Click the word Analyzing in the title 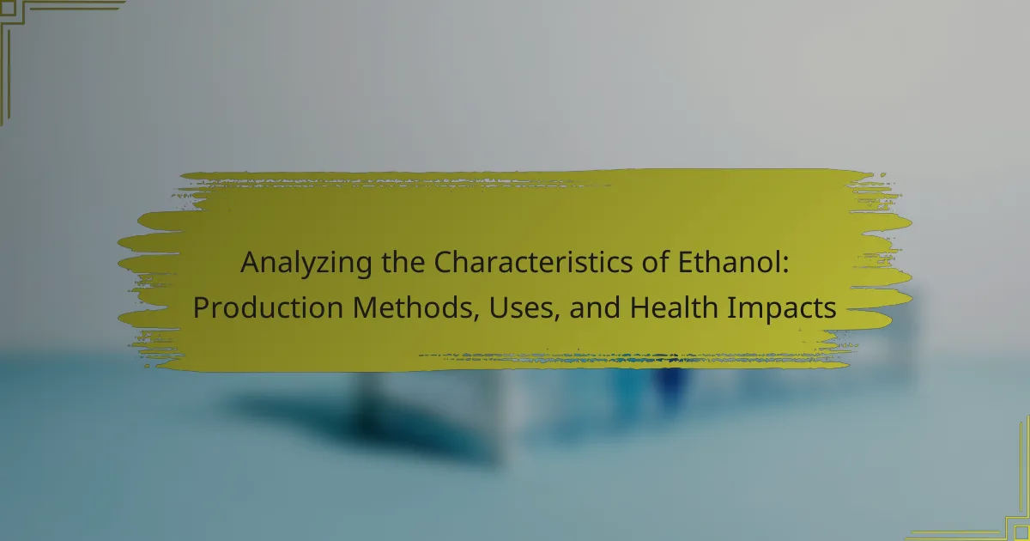[x=306, y=264]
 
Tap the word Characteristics [x=533, y=262]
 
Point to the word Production [x=268, y=307]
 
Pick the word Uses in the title [x=520, y=308]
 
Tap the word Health [x=674, y=307]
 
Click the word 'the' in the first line [x=403, y=262]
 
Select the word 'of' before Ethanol [x=655, y=262]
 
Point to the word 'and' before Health [x=595, y=308]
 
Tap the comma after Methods [x=477, y=317]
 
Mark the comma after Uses [x=556, y=317]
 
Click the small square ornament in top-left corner [x=8, y=9]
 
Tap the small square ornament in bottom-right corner [x=1022, y=533]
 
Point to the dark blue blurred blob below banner [x=671, y=383]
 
